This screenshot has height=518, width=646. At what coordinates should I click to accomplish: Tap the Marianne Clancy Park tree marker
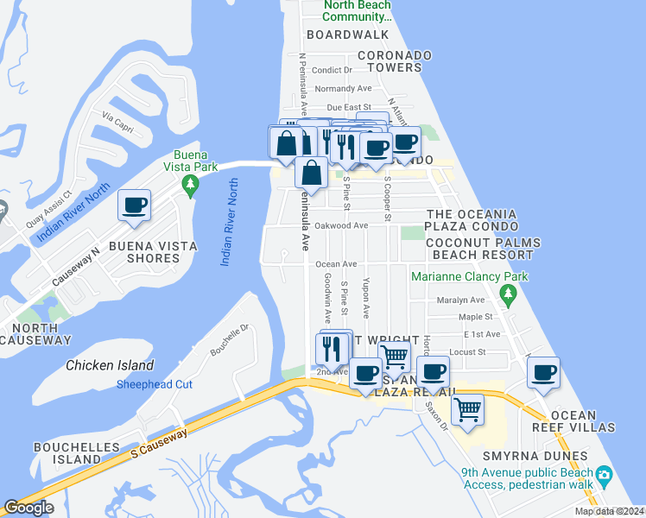[509, 295]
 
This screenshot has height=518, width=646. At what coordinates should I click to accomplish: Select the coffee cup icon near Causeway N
[134, 206]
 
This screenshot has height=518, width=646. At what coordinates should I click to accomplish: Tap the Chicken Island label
[110, 365]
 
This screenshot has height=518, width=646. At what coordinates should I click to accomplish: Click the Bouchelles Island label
[67, 453]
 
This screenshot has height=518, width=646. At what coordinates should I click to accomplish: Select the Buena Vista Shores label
[153, 251]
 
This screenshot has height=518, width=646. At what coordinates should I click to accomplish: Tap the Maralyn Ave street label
[460, 300]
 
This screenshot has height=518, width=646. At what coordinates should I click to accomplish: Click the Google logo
[28, 508]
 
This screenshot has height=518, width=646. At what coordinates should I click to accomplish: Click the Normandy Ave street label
[343, 88]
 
